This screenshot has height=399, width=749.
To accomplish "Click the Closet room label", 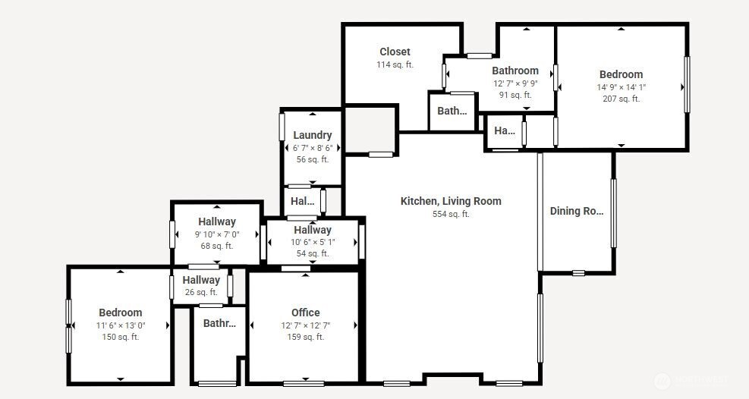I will (395, 52).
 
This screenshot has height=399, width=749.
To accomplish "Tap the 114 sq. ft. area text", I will (395, 64).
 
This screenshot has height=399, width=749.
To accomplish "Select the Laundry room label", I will (313, 135).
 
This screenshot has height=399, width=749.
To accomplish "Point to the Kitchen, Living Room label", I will (451, 201).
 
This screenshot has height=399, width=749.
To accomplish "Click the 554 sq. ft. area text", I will (451, 214).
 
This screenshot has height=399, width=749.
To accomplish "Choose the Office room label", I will (306, 313).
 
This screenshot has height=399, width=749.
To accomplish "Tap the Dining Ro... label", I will (577, 211).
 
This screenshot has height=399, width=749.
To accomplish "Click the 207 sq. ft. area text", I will (621, 99).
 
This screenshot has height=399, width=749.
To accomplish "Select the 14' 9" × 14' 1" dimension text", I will (621, 87).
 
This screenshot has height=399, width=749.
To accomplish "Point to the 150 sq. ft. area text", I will (121, 337).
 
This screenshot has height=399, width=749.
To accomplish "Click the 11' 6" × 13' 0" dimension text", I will (121, 325).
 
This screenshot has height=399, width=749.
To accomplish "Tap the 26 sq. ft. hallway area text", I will (201, 292).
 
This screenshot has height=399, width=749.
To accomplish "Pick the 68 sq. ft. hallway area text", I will (217, 246).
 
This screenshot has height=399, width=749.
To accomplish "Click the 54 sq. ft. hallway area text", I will (313, 253).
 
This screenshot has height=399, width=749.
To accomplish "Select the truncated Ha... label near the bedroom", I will (505, 130).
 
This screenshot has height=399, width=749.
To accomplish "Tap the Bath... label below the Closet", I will (452, 111).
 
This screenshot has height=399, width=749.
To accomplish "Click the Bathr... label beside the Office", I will (219, 323).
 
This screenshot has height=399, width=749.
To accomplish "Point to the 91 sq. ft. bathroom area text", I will (515, 95).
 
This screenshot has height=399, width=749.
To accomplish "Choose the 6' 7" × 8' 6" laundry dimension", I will (313, 148).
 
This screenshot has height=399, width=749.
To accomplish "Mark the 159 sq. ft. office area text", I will (306, 337).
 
